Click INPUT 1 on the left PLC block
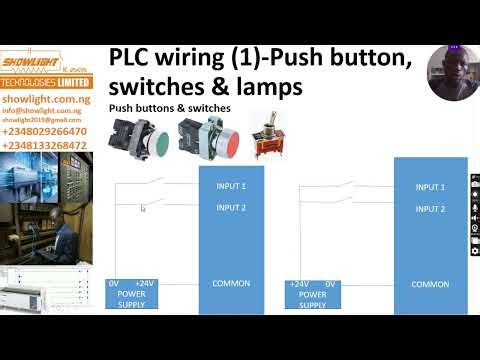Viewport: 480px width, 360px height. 231,186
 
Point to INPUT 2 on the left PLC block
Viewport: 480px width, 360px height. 231,208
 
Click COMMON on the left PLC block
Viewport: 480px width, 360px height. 231,283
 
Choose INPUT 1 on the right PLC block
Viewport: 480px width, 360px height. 430,187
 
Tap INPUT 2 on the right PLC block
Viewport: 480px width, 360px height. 430,209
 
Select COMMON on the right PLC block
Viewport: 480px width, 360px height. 430,284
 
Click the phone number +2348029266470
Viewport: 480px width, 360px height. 45,131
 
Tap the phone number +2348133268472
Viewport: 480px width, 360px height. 45,145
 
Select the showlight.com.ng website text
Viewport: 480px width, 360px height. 38,100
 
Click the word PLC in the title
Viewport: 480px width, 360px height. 136,59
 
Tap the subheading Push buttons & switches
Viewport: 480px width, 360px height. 170,107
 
